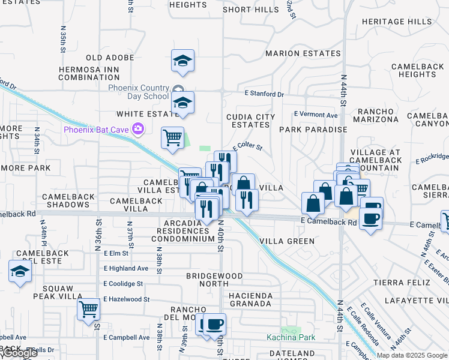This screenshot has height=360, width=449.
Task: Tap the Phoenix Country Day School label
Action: point(139,92)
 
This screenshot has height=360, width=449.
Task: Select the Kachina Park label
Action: point(291,337)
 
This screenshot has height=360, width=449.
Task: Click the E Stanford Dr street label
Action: point(264,94)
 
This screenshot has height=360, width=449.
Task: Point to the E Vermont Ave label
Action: point(316,115)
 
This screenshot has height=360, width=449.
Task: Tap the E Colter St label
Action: point(248,146)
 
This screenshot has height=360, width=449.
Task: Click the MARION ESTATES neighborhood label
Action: point(303,53)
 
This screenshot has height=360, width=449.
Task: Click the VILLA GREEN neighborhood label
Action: point(287,241)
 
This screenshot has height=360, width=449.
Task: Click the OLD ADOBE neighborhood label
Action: point(110,58)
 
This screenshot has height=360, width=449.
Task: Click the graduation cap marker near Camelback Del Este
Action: point(20,271)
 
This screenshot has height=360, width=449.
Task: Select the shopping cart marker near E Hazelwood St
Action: point(88,310)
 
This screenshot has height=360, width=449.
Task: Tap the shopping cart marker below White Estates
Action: point(172,137)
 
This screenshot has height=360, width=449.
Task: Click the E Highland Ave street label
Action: point(125,268)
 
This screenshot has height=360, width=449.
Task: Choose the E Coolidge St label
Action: point(123,284)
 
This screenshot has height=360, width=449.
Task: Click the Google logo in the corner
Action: point(20,353)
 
